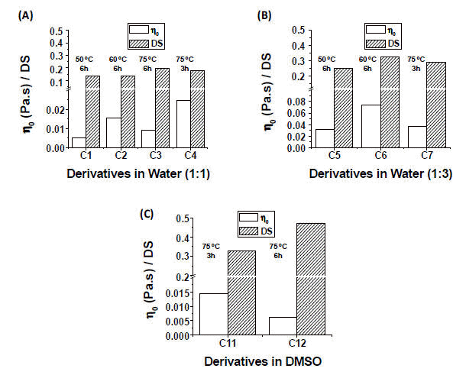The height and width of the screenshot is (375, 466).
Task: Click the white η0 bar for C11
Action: (x=212, y=314)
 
